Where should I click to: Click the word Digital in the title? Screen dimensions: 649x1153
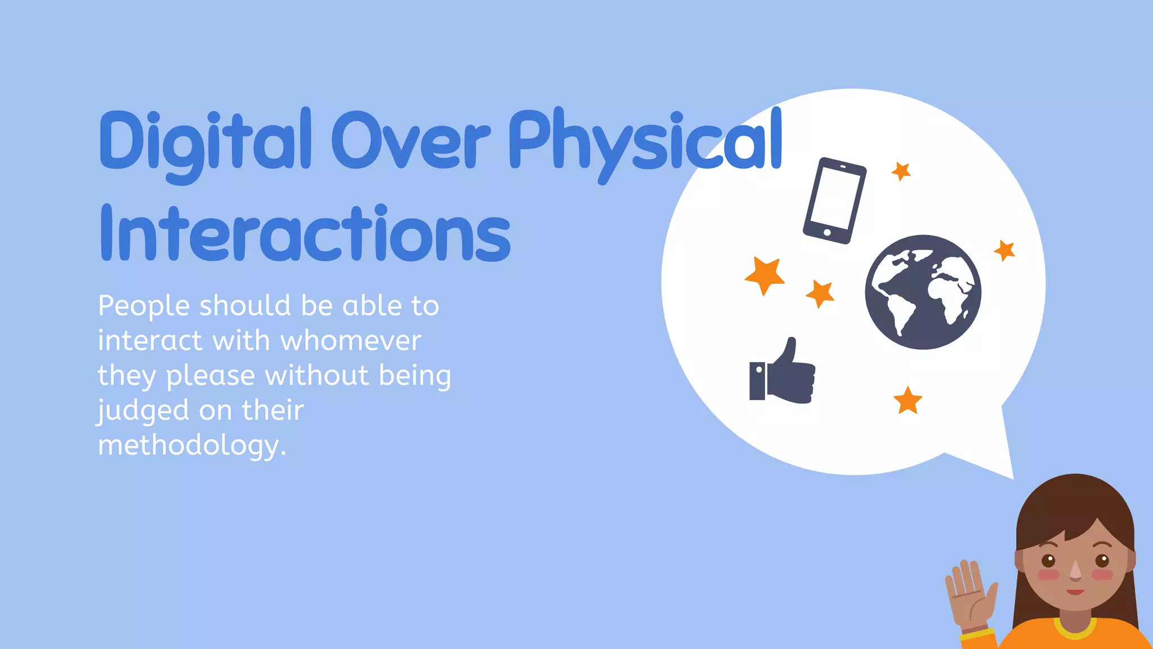(x=205, y=141)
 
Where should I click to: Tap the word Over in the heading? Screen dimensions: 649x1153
(x=410, y=141)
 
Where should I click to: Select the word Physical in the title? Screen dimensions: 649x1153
(x=645, y=141)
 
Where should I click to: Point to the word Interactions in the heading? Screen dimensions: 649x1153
(x=305, y=234)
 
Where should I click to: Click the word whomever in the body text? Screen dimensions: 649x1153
(x=351, y=340)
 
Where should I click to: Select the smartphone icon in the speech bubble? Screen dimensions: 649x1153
(x=834, y=201)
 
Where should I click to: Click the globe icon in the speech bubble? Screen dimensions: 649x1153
(x=923, y=292)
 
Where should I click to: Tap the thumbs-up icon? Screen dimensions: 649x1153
(x=783, y=373)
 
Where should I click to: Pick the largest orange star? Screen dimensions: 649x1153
(x=765, y=275)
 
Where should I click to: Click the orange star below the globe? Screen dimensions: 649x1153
(x=908, y=401)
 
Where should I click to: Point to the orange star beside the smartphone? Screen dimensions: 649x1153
(x=901, y=171)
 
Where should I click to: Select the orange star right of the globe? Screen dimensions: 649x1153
(x=1005, y=250)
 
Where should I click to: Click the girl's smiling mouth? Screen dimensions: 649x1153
(x=1075, y=592)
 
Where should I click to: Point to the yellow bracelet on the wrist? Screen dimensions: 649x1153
(x=977, y=634)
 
